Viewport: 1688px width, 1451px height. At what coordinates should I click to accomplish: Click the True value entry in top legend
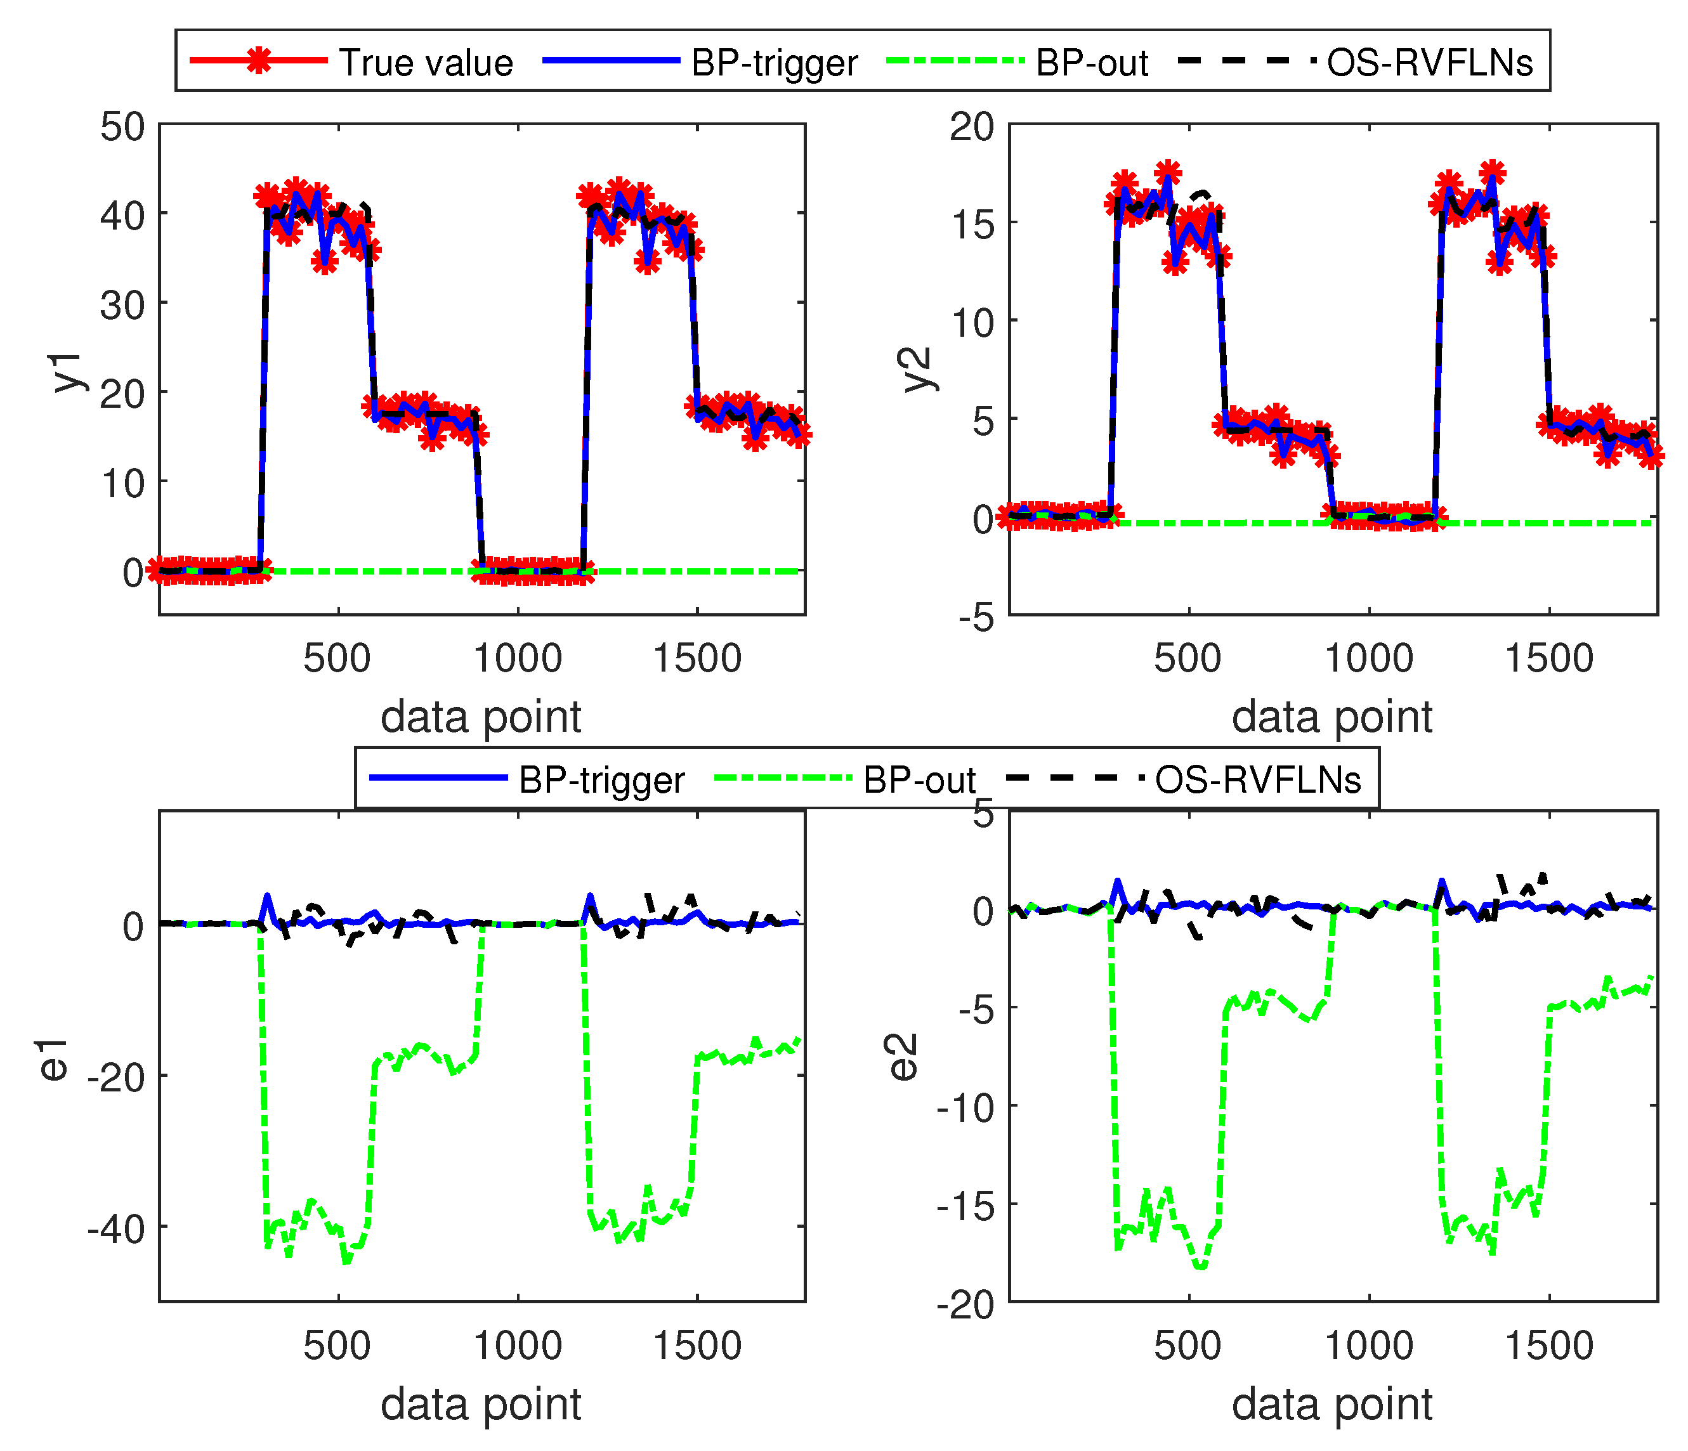point(425,63)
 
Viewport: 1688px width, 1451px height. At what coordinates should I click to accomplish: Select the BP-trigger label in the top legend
point(774,63)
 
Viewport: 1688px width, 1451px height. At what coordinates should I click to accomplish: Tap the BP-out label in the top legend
point(1092,63)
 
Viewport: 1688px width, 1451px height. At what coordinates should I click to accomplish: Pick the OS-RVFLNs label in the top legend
point(1430,63)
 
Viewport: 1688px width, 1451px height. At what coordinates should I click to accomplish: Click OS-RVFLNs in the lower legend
point(1258,780)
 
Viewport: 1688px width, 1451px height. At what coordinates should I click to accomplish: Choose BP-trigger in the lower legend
point(602,780)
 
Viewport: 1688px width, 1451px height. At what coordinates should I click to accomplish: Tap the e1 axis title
point(55,1060)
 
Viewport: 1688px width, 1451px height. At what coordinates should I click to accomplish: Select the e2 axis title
point(905,1057)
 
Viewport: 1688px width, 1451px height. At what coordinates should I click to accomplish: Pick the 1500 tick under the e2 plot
point(1548,1345)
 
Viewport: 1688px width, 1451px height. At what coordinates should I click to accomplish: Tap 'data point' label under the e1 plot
point(481,1405)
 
